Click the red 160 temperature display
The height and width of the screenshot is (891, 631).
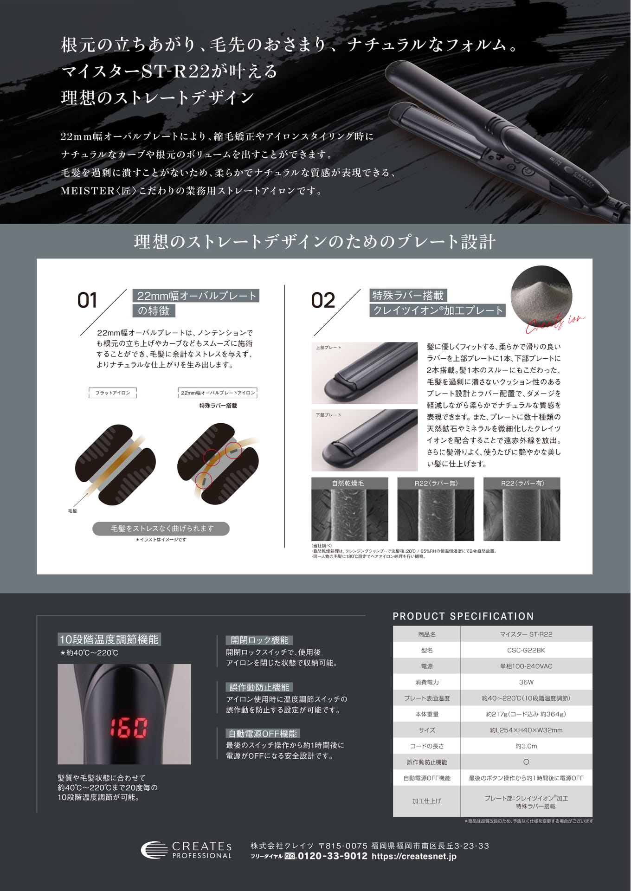[128, 728]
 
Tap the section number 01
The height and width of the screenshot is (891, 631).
[87, 300]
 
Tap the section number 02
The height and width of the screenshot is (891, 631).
[323, 300]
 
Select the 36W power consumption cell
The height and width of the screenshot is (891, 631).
[526, 682]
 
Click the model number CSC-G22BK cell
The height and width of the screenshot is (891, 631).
[526, 650]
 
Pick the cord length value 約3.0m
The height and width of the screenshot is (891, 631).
[526, 746]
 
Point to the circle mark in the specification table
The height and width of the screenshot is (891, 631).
[526, 762]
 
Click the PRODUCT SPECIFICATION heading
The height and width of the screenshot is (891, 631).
[463, 616]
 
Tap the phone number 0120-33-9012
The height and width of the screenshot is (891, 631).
[332, 856]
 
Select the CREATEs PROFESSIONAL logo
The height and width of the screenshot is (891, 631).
[186, 850]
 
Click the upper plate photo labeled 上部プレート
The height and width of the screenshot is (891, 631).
[364, 373]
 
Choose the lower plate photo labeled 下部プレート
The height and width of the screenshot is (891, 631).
[364, 440]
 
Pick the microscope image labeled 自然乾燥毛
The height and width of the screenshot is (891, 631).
[349, 509]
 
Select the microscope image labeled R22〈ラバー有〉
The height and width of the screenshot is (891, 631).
[522, 509]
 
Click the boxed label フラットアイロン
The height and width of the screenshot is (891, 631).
[113, 393]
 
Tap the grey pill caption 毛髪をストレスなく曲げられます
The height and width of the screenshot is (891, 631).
[161, 529]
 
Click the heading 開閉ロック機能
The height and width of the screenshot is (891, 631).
[259, 640]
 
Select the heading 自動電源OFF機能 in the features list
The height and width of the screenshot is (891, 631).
[263, 734]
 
